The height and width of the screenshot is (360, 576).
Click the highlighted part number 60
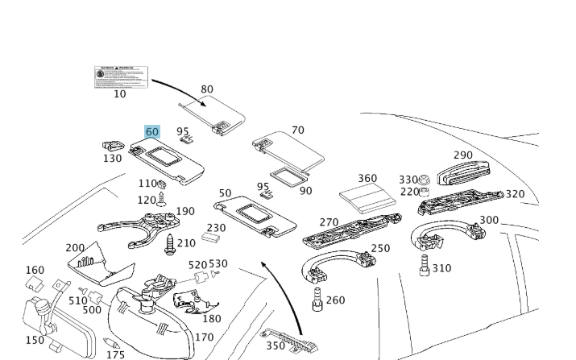click(x=152, y=132)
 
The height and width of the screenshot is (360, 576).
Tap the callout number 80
click(x=207, y=89)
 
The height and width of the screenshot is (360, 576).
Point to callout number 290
click(x=463, y=155)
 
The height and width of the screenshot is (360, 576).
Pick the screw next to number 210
click(x=170, y=244)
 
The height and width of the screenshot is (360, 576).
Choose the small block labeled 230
click(x=213, y=238)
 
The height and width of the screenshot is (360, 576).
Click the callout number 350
click(x=276, y=346)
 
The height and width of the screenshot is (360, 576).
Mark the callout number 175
click(x=116, y=354)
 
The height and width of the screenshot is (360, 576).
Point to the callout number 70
click(x=298, y=130)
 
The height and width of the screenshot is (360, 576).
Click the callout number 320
click(x=515, y=194)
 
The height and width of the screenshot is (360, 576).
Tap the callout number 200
click(x=75, y=248)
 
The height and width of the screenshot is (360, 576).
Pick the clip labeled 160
click(x=34, y=284)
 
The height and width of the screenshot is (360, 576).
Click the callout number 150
click(x=35, y=341)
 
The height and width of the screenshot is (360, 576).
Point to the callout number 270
click(x=329, y=222)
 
